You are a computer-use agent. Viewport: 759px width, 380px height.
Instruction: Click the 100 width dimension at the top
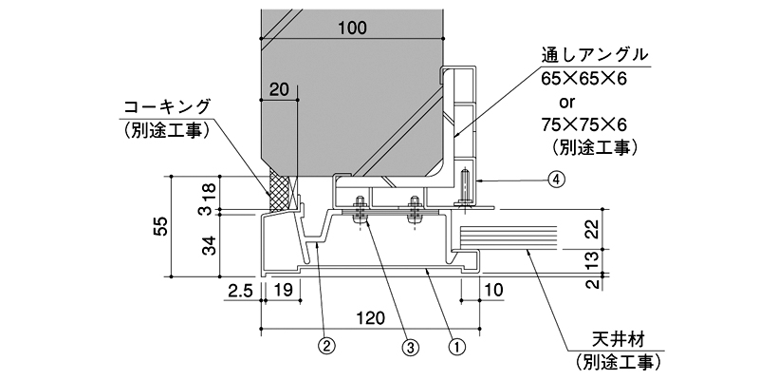[x=352, y=28]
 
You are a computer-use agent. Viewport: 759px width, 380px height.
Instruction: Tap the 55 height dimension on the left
[x=162, y=226]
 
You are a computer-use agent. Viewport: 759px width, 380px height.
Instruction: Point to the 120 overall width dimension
[x=371, y=318]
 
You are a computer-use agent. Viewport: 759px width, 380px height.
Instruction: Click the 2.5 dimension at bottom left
[x=241, y=291]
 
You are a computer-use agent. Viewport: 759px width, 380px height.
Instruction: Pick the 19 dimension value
[x=282, y=291]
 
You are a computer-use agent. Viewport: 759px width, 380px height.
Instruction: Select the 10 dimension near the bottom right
[x=493, y=291]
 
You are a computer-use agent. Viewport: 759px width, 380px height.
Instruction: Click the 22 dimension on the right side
[x=589, y=229]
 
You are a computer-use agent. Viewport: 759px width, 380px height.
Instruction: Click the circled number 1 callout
[x=457, y=347]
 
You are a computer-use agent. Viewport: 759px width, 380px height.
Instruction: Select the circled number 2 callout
[x=326, y=347]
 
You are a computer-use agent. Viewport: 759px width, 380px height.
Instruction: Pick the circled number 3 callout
[x=410, y=347]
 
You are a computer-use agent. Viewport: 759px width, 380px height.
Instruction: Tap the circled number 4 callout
[x=556, y=180]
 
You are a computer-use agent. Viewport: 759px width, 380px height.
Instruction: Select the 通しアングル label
[x=595, y=55]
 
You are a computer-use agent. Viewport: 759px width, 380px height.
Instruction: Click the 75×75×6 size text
[x=584, y=124]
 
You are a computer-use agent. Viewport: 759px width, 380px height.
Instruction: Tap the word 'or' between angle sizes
[x=567, y=102]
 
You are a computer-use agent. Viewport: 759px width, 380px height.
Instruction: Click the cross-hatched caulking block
[x=280, y=193]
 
